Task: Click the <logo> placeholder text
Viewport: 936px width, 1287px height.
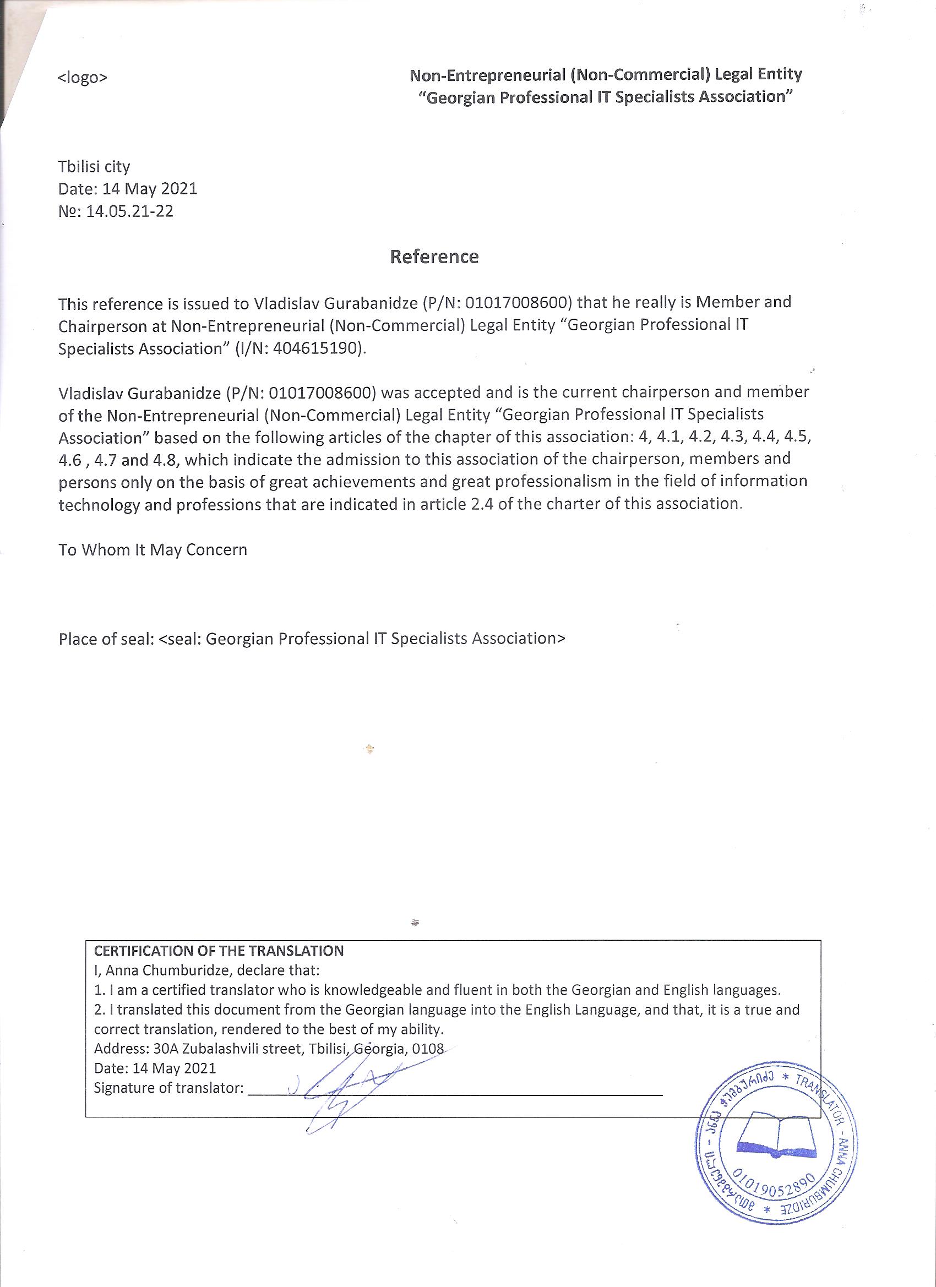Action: click(x=82, y=78)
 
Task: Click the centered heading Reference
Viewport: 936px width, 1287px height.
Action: click(x=434, y=257)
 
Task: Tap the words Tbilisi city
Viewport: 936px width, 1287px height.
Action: click(x=94, y=167)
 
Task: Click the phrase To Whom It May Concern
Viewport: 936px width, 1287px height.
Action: click(x=153, y=550)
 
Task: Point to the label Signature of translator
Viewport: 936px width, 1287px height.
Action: click(x=168, y=1088)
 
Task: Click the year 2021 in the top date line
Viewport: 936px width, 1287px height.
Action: click(x=179, y=189)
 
